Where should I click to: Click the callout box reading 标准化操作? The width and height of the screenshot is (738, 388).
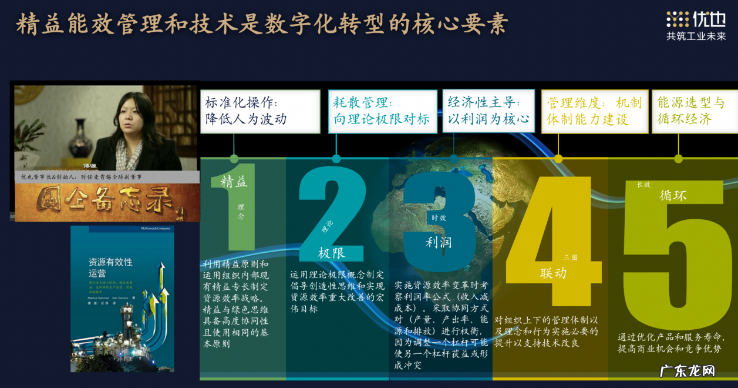260,111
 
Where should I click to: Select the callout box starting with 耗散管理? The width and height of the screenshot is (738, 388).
382,111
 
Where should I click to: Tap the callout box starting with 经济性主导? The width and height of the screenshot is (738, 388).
488,111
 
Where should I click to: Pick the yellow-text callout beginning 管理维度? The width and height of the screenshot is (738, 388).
594,111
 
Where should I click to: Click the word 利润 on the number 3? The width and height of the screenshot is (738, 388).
439,242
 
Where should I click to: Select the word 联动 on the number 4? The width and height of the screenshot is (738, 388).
553,273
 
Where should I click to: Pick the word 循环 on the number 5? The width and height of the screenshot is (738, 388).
673,196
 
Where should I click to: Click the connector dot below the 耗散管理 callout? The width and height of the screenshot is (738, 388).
336,159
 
